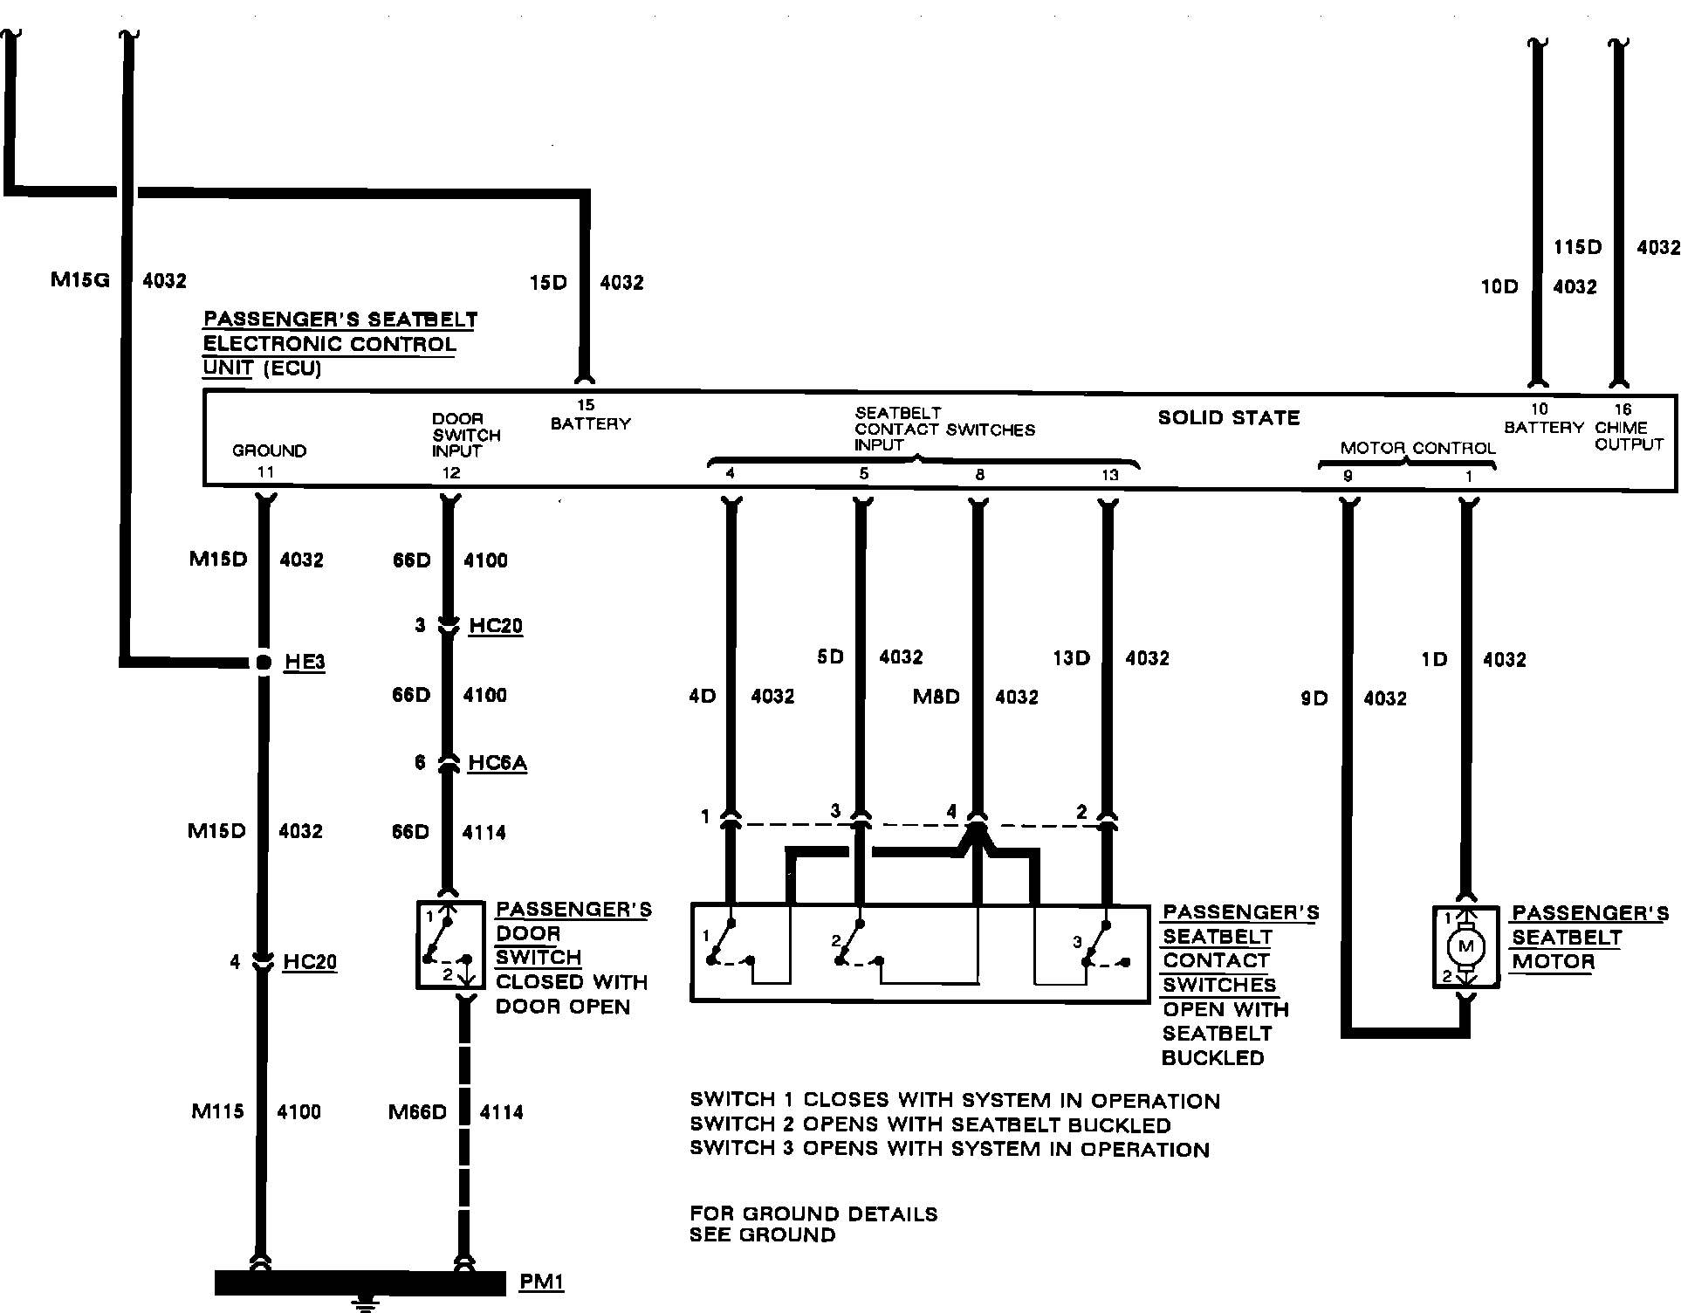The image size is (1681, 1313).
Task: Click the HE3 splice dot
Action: (264, 663)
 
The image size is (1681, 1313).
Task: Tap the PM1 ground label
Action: (542, 1282)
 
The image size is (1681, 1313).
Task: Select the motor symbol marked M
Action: (1465, 947)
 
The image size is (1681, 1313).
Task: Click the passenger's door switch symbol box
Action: (450, 945)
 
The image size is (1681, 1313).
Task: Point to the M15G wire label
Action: (79, 281)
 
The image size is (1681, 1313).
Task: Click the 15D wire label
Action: (548, 283)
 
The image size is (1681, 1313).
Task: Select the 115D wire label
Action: (1578, 247)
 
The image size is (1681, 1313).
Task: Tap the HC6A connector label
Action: (497, 763)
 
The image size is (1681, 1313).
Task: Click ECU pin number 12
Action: (451, 473)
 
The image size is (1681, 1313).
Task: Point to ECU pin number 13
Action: (1109, 475)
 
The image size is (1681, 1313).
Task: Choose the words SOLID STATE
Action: (1229, 418)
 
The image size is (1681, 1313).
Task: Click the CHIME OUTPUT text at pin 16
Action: (1629, 436)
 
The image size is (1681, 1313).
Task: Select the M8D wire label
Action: (937, 697)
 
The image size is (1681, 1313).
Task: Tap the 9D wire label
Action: (1314, 698)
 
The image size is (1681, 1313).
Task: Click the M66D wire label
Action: (418, 1112)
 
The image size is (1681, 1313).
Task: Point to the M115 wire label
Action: (217, 1111)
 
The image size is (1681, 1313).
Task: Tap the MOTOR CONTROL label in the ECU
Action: (1418, 448)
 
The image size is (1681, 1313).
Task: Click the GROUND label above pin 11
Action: (270, 450)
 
